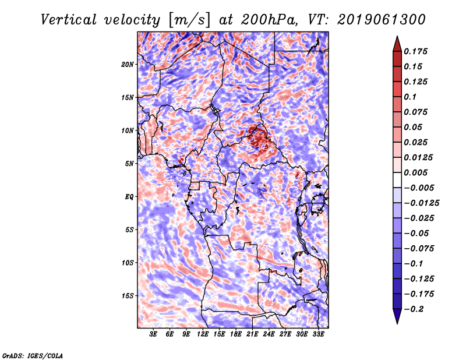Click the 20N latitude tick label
pyautogui.click(x=128, y=64)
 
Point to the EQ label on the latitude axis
pyautogui.click(x=129, y=197)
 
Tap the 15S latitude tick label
pyautogui.click(x=128, y=296)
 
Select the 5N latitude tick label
pyautogui.click(x=129, y=164)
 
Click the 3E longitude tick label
pyautogui.click(x=154, y=334)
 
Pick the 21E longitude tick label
pyautogui.click(x=252, y=334)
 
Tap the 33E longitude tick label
pyautogui.click(x=318, y=334)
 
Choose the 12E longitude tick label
pyautogui.click(x=203, y=334)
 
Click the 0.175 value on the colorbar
pyautogui.click(x=417, y=51)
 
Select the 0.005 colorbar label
pyautogui.click(x=417, y=172)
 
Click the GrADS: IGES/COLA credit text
pyautogui.click(x=32, y=355)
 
